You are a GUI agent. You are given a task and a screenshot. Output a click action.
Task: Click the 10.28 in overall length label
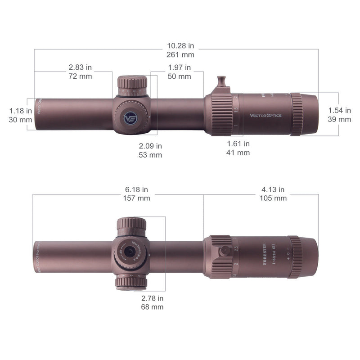coord(180,50)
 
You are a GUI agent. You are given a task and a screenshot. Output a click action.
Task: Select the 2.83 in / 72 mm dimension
coord(80,72)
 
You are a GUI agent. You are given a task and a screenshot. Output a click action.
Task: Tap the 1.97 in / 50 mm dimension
coord(179,72)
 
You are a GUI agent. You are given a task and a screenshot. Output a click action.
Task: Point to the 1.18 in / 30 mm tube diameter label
coord(20,115)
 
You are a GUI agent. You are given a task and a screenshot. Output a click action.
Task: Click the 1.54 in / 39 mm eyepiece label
coord(339,115)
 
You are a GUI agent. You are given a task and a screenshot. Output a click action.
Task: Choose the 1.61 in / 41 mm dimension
coord(238,148)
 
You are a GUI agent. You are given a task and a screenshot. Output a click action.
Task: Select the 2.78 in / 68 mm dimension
coord(152,302)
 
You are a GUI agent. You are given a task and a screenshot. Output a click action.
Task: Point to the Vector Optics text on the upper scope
coord(265,116)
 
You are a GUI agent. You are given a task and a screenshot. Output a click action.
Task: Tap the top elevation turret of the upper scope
coord(132,83)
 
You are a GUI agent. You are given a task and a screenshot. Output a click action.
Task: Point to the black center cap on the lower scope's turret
coord(130,252)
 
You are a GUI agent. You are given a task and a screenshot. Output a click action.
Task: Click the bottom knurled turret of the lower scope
coord(131,282)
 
